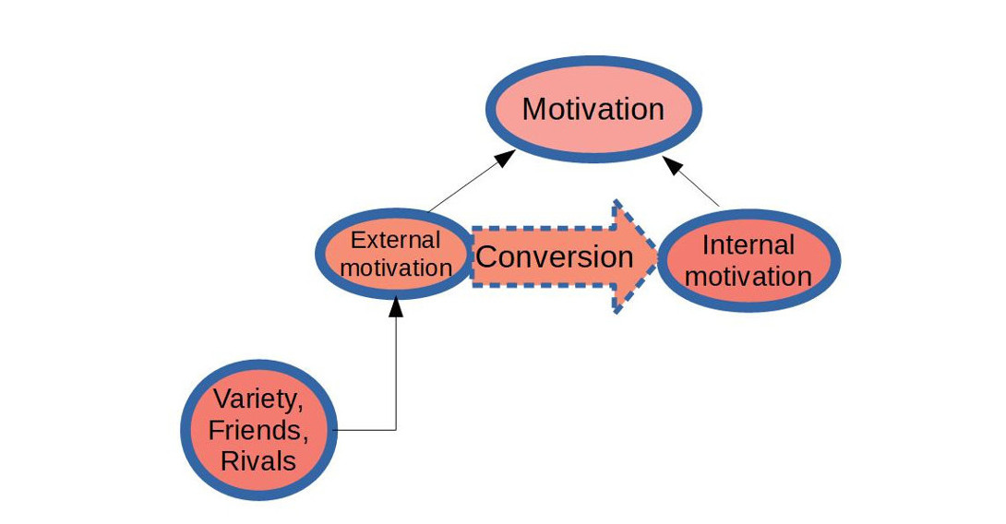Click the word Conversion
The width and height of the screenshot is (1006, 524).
[x=554, y=256]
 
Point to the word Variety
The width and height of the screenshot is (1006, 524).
[x=257, y=399]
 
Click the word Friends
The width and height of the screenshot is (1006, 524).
[x=257, y=430]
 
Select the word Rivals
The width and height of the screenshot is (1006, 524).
[x=257, y=460]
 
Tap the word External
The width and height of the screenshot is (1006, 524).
[x=395, y=241]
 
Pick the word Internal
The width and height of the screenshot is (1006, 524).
[x=749, y=244]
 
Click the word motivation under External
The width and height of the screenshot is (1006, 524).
[x=395, y=268]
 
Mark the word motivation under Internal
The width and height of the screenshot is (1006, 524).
[x=749, y=276]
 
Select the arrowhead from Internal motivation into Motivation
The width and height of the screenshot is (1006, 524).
[x=674, y=164]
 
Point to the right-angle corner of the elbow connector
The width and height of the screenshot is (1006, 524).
[x=396, y=430]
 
